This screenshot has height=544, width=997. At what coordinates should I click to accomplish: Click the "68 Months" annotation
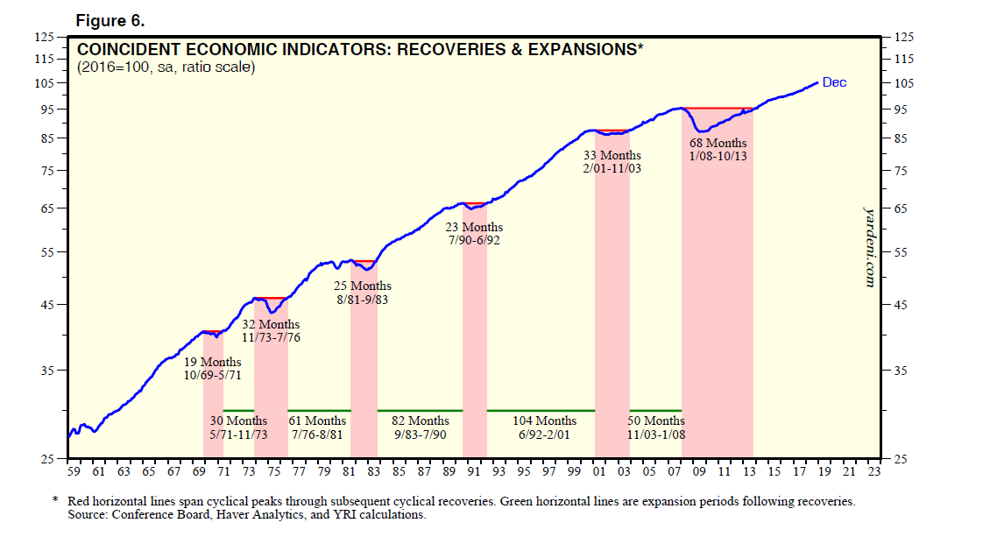click(718, 143)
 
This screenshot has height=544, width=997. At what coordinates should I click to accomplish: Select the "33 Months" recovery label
click(612, 155)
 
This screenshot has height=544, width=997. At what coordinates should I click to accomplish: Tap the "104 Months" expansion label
click(544, 421)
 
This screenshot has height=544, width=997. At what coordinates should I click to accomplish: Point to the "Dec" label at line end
click(834, 82)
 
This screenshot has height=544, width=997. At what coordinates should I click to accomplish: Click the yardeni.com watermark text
click(870, 246)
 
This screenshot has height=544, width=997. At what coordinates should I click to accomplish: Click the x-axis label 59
click(73, 472)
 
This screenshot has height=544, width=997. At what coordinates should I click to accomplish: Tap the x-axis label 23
click(873, 472)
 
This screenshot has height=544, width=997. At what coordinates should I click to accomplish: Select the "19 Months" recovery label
click(213, 363)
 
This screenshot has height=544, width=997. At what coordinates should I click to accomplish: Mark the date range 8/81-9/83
click(363, 299)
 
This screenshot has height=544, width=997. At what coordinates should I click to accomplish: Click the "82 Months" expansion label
click(421, 421)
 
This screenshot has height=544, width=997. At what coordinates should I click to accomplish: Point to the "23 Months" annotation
click(474, 228)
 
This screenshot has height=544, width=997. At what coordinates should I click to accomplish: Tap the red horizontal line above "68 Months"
click(718, 108)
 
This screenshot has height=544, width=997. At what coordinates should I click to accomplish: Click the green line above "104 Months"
click(541, 410)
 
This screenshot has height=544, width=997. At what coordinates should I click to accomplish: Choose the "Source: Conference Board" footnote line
click(246, 515)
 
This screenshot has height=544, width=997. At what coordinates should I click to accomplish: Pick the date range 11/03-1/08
click(657, 434)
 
